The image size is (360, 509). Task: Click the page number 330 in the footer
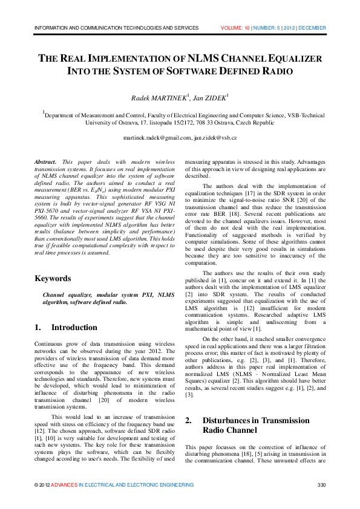pyautogui.click(x=322, y=485)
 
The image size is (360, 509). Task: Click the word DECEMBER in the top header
pyautogui.click(x=312, y=28)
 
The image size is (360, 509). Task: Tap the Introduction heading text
pyautogui.click(x=74, y=328)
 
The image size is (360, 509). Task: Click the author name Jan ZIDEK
pyautogui.click(x=210, y=97)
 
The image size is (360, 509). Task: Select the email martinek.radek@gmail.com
pyautogui.click(x=157, y=138)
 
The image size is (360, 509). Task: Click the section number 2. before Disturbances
pyautogui.click(x=189, y=420)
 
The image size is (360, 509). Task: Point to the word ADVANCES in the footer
pyautogui.click(x=64, y=485)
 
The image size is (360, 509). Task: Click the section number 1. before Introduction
pyautogui.click(x=38, y=328)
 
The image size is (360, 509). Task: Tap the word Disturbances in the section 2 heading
pyautogui.click(x=229, y=420)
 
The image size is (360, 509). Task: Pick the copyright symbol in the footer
pyautogui.click(x=36, y=485)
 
